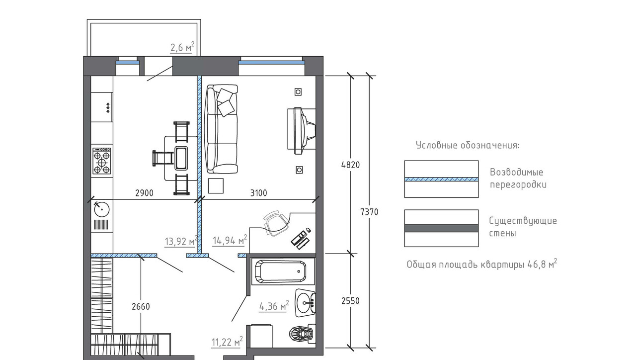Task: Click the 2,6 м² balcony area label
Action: pyautogui.click(x=182, y=47)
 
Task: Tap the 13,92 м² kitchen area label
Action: pyautogui.click(x=181, y=241)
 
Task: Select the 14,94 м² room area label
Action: pyautogui.click(x=230, y=240)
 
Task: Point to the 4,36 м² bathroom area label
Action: pyautogui.click(x=274, y=306)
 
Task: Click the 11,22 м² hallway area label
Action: pyautogui.click(x=227, y=342)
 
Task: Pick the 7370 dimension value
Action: pyautogui.click(x=369, y=212)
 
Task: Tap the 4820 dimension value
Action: pyautogui.click(x=350, y=165)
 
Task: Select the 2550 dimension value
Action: pyautogui.click(x=350, y=301)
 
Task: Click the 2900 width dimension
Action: pyautogui.click(x=144, y=193)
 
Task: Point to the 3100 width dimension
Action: pyautogui.click(x=259, y=193)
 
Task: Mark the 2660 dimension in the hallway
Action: pyautogui.click(x=141, y=307)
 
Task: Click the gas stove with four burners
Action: pyautogui.click(x=102, y=161)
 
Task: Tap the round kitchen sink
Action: pyautogui.click(x=102, y=210)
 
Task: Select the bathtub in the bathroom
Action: pyautogui.click(x=281, y=271)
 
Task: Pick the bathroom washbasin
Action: pyautogui.click(x=305, y=303)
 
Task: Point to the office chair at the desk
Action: pyautogui.click(x=276, y=223)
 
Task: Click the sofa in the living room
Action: pyautogui.click(x=222, y=129)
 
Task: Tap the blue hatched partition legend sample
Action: pyautogui.click(x=441, y=180)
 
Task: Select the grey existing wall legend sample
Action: pyautogui.click(x=441, y=228)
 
